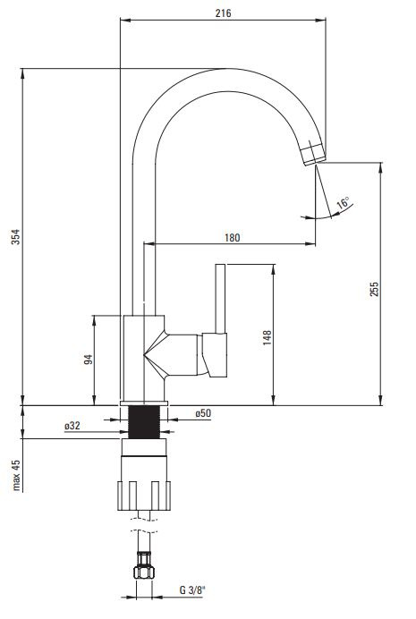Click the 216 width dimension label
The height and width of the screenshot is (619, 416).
coord(223,13)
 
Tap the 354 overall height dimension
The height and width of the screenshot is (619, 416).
coord(15,236)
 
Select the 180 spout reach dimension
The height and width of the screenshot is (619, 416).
coord(232,238)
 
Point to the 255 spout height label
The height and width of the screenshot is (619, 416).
coord(374,289)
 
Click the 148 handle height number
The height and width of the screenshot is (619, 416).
coord(267,338)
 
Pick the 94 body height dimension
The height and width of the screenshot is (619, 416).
coord(88,360)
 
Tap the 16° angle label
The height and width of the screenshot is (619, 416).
coord(344,202)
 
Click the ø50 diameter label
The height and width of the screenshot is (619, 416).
coord(203,413)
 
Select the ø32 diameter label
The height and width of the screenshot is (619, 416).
coord(72,426)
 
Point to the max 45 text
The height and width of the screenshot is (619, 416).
coord(16,475)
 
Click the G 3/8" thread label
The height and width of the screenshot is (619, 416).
coord(192,590)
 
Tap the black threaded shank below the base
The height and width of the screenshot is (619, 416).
coord(144,422)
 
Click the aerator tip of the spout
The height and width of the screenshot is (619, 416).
coord(313,155)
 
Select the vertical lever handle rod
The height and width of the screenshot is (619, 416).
coord(220,299)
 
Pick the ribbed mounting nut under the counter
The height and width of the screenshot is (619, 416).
coord(144,496)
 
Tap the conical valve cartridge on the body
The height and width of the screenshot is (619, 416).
coord(171,354)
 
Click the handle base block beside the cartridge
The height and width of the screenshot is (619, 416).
coord(215,354)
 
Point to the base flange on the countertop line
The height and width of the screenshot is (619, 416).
coord(144,403)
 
